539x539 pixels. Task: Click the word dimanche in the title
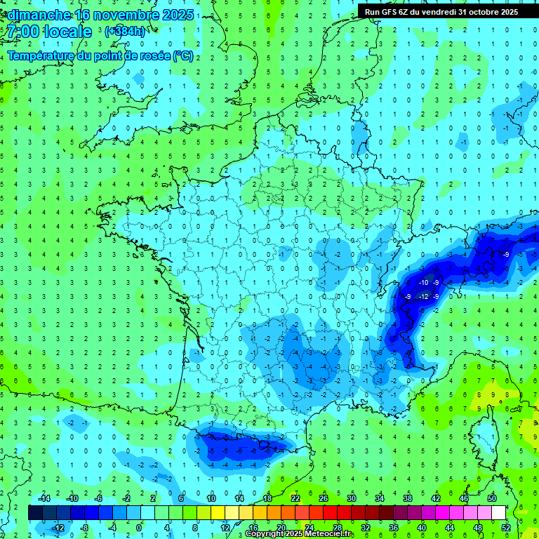[x=39, y=15]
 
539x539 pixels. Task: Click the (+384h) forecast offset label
[x=124, y=32]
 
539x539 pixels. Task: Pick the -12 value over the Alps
[x=423, y=297]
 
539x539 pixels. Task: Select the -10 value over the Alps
[x=423, y=283]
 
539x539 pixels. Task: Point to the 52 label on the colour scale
[x=506, y=528]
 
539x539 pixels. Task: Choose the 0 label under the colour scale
[x=139, y=528]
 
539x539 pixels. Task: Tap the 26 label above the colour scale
[x=324, y=498]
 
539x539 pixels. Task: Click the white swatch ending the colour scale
[x=498, y=513]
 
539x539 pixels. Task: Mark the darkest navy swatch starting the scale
[x=35, y=513]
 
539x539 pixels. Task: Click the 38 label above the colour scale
[x=407, y=498]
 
